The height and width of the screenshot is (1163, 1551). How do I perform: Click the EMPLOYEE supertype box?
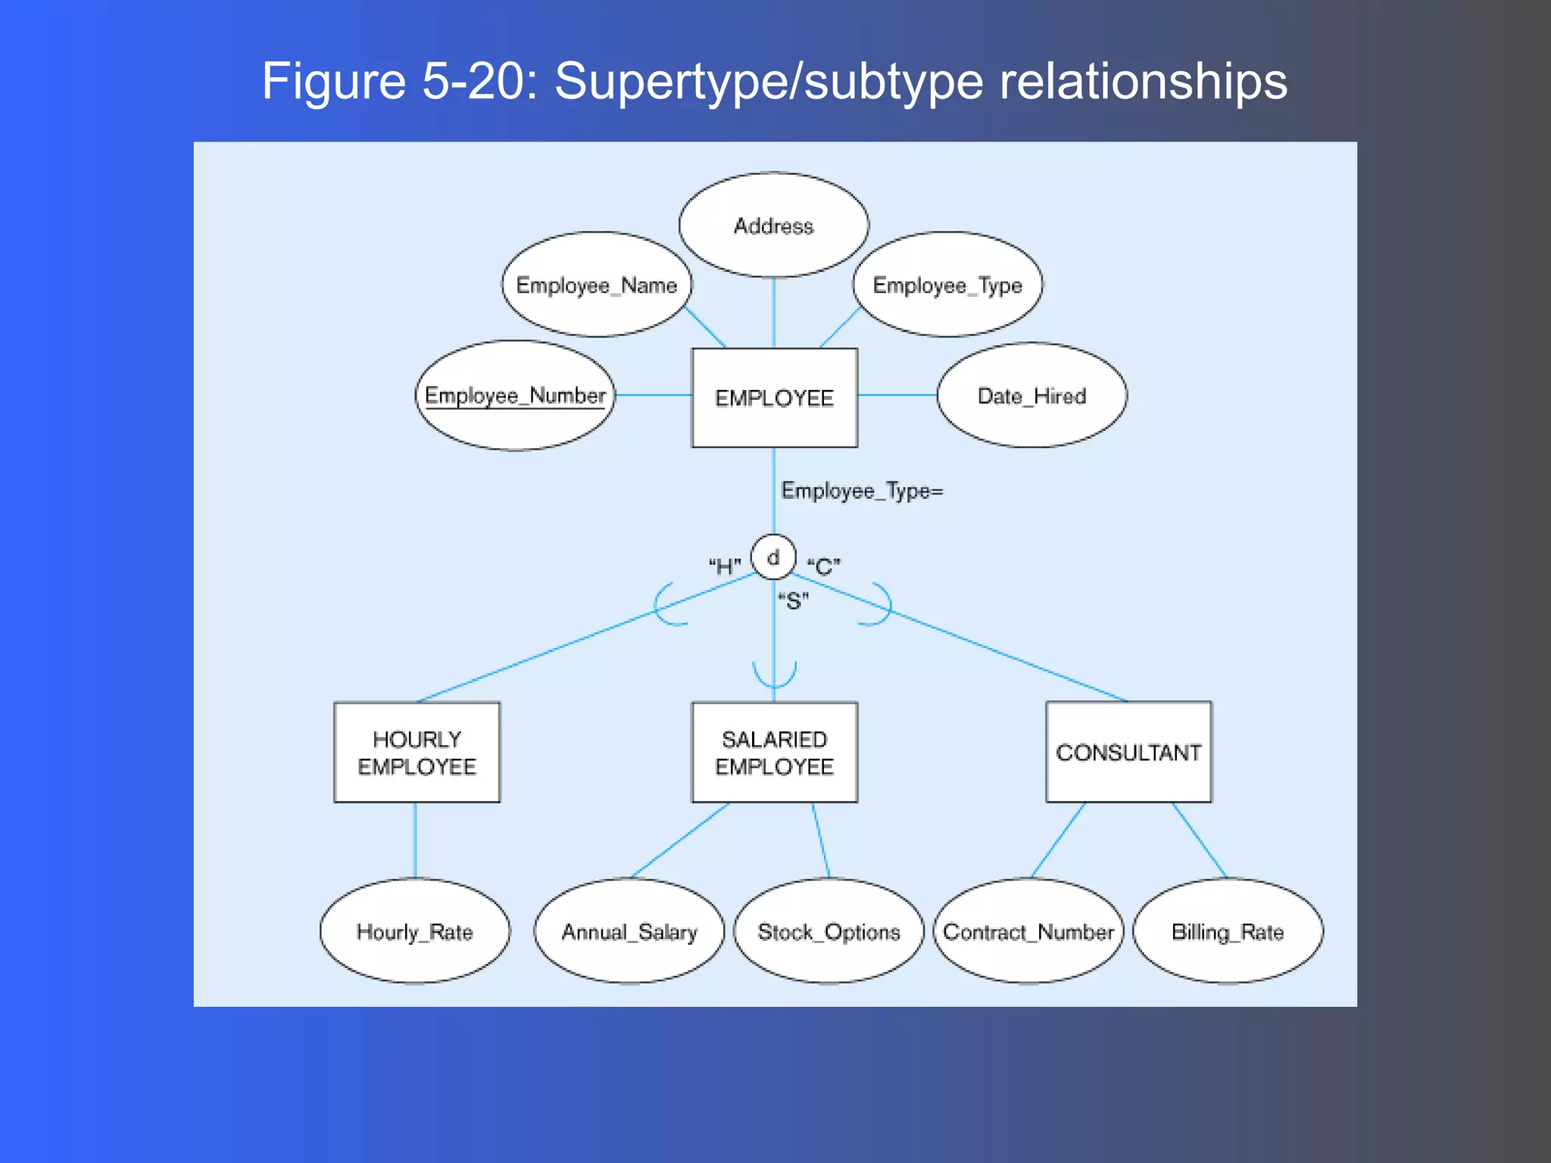pyautogui.click(x=774, y=398)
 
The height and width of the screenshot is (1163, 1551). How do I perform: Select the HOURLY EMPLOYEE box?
pyautogui.click(x=417, y=752)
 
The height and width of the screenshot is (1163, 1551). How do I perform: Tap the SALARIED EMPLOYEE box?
pyautogui.click(x=774, y=752)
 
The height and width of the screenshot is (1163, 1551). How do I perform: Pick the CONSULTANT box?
pyautogui.click(x=1128, y=752)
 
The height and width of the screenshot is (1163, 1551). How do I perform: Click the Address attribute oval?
pyautogui.click(x=773, y=225)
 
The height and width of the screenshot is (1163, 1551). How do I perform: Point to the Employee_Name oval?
pyautogui.click(x=597, y=285)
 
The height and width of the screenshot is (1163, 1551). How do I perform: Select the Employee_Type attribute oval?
pyautogui.click(x=947, y=285)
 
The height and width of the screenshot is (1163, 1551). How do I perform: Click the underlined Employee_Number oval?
pyautogui.click(x=515, y=395)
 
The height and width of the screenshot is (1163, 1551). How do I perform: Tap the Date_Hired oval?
pyautogui.click(x=1031, y=395)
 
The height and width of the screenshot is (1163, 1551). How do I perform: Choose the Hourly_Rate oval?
pyautogui.click(x=414, y=931)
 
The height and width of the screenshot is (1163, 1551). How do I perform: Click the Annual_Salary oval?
pyautogui.click(x=629, y=931)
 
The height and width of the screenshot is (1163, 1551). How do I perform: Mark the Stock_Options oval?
pyautogui.click(x=829, y=931)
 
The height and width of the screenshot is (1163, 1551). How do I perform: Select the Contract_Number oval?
pyautogui.click(x=1028, y=931)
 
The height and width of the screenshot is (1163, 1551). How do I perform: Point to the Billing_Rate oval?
pyautogui.click(x=1228, y=931)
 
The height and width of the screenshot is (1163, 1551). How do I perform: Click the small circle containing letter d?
pyautogui.click(x=773, y=557)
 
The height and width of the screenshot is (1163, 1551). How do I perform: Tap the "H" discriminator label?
pyautogui.click(x=725, y=566)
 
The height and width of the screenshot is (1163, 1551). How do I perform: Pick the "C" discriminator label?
pyautogui.click(x=824, y=566)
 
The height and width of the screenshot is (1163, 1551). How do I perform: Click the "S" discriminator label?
pyautogui.click(x=793, y=601)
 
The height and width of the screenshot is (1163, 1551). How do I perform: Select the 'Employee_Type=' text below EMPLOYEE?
pyautogui.click(x=862, y=491)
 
